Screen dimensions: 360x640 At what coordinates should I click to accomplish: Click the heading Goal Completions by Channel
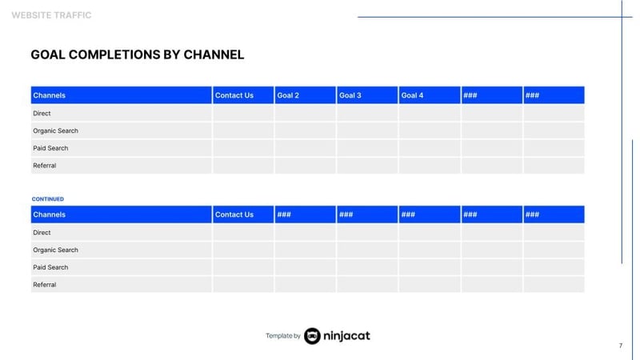point(137,55)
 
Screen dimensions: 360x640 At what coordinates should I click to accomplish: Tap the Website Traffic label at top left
point(51,15)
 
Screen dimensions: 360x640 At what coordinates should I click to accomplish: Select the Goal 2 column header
point(288,95)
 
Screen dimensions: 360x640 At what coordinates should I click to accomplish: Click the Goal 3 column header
point(350,95)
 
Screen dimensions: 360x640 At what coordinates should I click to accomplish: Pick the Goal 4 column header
point(412,95)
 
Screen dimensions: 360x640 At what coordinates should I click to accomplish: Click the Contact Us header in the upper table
point(234,95)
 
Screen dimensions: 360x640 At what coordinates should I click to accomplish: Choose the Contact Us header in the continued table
point(234,214)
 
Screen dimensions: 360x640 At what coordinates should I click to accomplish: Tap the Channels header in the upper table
point(50,95)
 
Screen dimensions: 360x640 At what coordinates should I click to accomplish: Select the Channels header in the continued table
point(50,214)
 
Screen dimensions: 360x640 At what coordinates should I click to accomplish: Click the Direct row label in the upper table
point(42,114)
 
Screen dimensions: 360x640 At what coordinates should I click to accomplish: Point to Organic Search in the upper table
point(55,130)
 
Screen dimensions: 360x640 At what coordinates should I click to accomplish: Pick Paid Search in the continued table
point(50,267)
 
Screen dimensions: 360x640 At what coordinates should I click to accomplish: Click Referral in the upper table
point(45,166)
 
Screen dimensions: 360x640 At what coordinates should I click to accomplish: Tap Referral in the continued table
point(45,285)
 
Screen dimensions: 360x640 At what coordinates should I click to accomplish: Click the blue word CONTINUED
point(48,199)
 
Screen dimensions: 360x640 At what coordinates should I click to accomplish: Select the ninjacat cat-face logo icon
point(312,336)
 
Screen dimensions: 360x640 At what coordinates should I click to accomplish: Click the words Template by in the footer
point(282,336)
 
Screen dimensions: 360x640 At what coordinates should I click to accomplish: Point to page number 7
point(620,346)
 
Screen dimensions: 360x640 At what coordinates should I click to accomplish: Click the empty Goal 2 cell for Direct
point(305,114)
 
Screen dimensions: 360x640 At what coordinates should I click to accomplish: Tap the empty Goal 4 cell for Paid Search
point(430,148)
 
